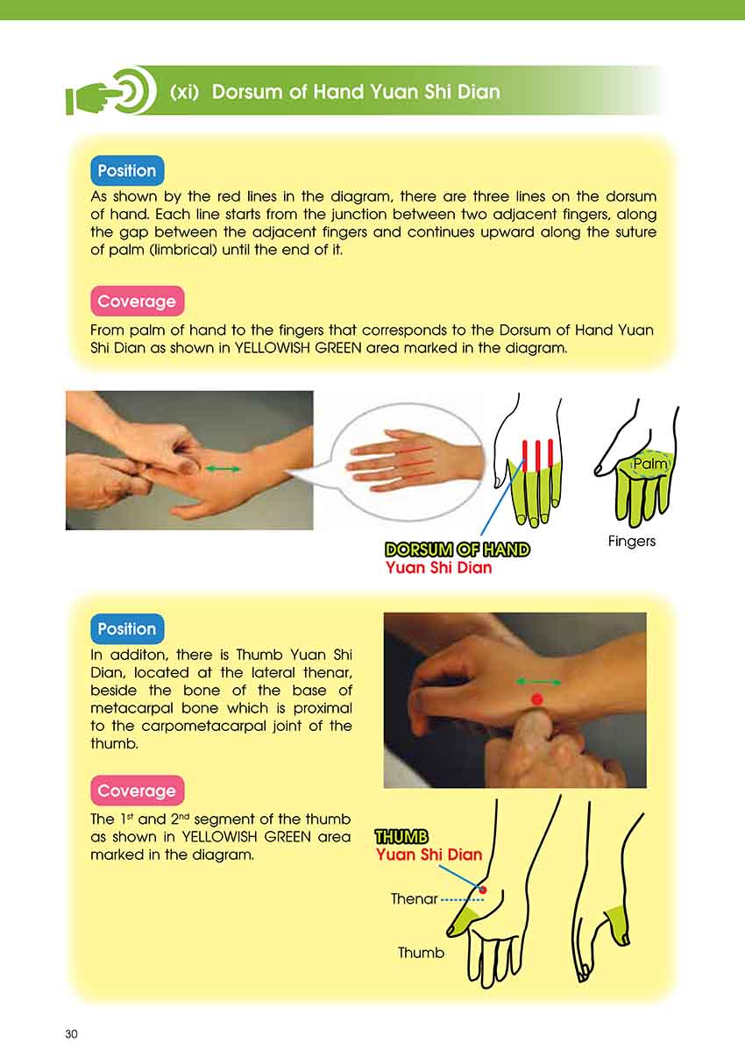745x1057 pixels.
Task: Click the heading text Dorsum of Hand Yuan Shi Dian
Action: [x=356, y=91]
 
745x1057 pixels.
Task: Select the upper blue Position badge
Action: [x=127, y=170]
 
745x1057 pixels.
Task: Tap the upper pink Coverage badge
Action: [x=137, y=301]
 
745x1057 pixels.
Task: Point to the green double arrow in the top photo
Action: [x=223, y=469]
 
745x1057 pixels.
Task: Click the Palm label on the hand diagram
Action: [x=650, y=464]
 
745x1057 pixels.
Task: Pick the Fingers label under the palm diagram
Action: [x=632, y=541]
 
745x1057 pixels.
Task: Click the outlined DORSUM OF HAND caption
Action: [x=458, y=550]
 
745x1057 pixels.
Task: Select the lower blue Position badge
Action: [x=127, y=628]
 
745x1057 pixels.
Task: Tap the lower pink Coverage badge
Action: [x=137, y=791]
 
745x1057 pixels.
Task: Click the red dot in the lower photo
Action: [x=537, y=699]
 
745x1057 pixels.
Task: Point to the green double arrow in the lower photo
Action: [x=539, y=682]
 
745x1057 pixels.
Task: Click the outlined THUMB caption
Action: [x=401, y=837]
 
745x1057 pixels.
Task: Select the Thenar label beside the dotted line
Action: [x=415, y=899]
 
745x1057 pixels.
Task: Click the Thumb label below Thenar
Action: [x=421, y=953]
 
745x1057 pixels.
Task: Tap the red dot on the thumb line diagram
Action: [x=482, y=890]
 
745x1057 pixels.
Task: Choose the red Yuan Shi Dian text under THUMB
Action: [x=429, y=855]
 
